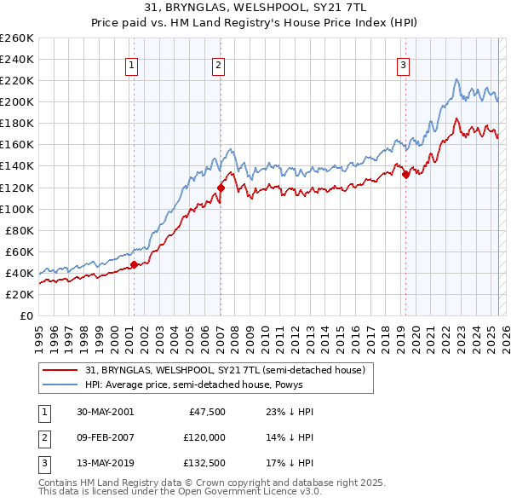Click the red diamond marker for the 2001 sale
pyautogui.click(x=135, y=264)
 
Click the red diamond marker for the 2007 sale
pyautogui.click(x=221, y=188)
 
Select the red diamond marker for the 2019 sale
pyautogui.click(x=405, y=174)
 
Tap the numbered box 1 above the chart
pyautogui.click(x=133, y=65)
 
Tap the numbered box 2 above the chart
pyautogui.click(x=219, y=65)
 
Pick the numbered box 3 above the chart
pyautogui.click(x=403, y=65)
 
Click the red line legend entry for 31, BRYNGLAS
pyautogui.click(x=225, y=370)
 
